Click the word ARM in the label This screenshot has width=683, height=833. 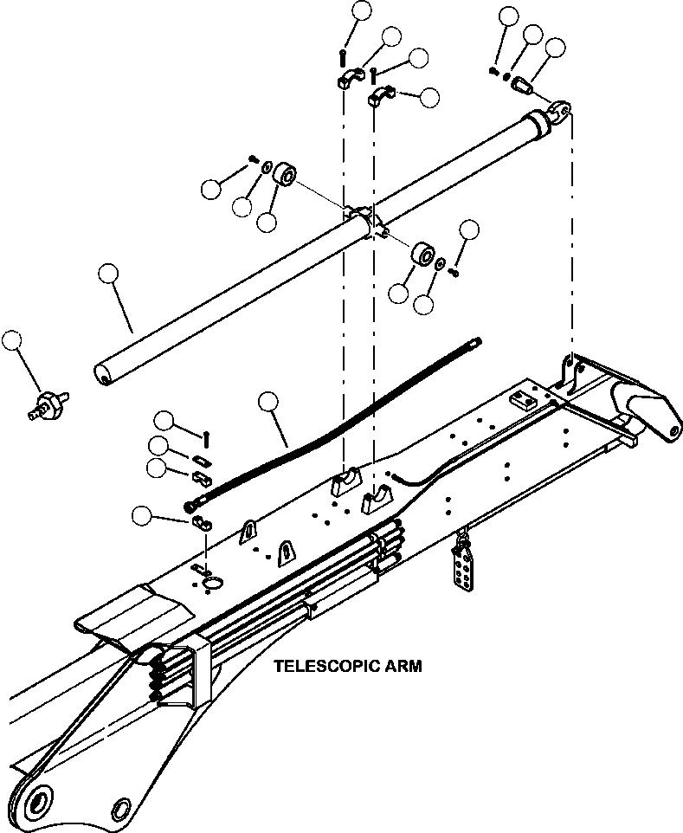click(x=403, y=667)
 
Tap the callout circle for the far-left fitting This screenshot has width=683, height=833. click(x=12, y=340)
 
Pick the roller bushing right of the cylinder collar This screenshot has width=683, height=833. click(x=423, y=255)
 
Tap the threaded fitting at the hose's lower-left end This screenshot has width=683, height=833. click(x=190, y=505)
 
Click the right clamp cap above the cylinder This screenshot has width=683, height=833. click(x=381, y=95)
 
